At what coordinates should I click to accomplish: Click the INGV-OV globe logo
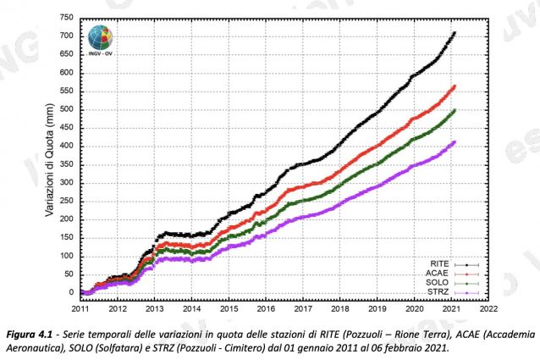101,39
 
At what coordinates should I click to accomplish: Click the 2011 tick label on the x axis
81,310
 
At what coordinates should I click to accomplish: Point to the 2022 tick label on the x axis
488,310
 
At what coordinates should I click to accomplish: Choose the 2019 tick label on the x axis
377,310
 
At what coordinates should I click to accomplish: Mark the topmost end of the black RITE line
455,33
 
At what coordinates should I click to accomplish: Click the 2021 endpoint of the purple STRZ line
455,141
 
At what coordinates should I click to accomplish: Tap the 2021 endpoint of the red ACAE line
455,86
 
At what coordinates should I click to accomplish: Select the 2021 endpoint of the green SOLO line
455,110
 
